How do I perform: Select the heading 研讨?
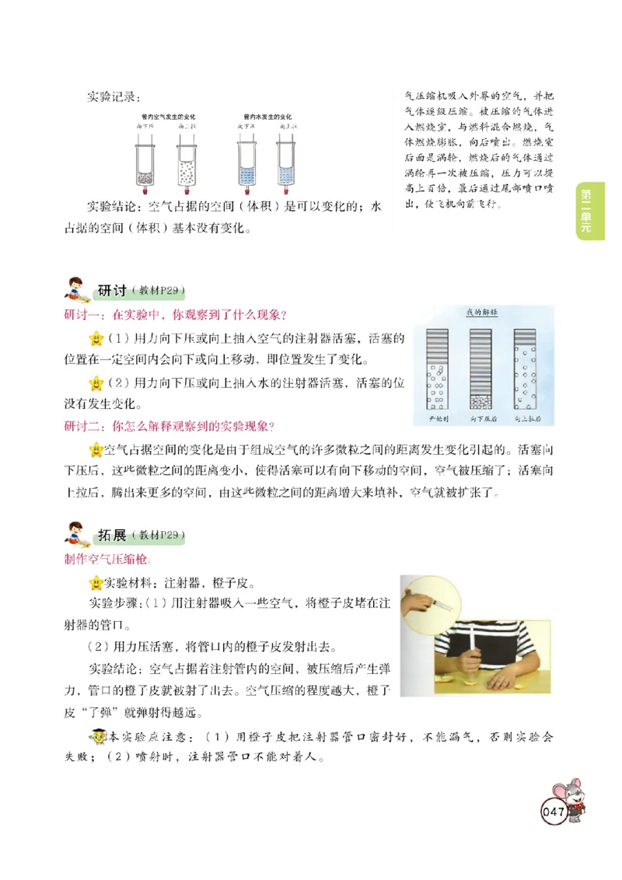(113, 291)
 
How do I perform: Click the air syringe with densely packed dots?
(145, 165)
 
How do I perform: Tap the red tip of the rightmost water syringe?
(286, 192)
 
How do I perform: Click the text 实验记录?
(114, 98)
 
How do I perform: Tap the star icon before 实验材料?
(96, 582)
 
